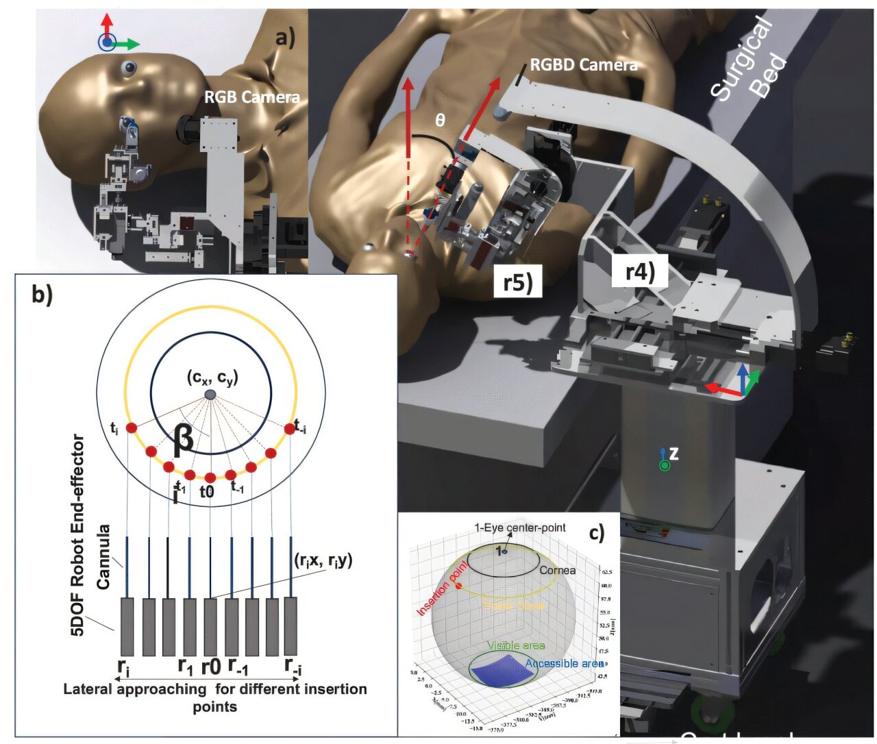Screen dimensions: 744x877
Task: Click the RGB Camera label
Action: (x=251, y=98)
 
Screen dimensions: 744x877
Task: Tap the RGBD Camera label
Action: (x=584, y=66)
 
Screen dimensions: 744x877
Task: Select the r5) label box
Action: (x=518, y=282)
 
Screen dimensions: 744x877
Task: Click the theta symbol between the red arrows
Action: (x=441, y=120)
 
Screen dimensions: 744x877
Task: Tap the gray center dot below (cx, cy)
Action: (x=211, y=395)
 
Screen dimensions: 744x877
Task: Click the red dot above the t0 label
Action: (x=210, y=478)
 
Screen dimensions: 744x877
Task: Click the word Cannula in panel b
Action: (x=103, y=556)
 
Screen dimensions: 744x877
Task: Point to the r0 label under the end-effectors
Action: (x=211, y=666)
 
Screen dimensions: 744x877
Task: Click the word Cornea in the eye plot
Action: (x=557, y=570)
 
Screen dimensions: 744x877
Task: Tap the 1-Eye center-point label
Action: (x=521, y=528)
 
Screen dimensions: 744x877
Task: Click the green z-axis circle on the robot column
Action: (x=664, y=466)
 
